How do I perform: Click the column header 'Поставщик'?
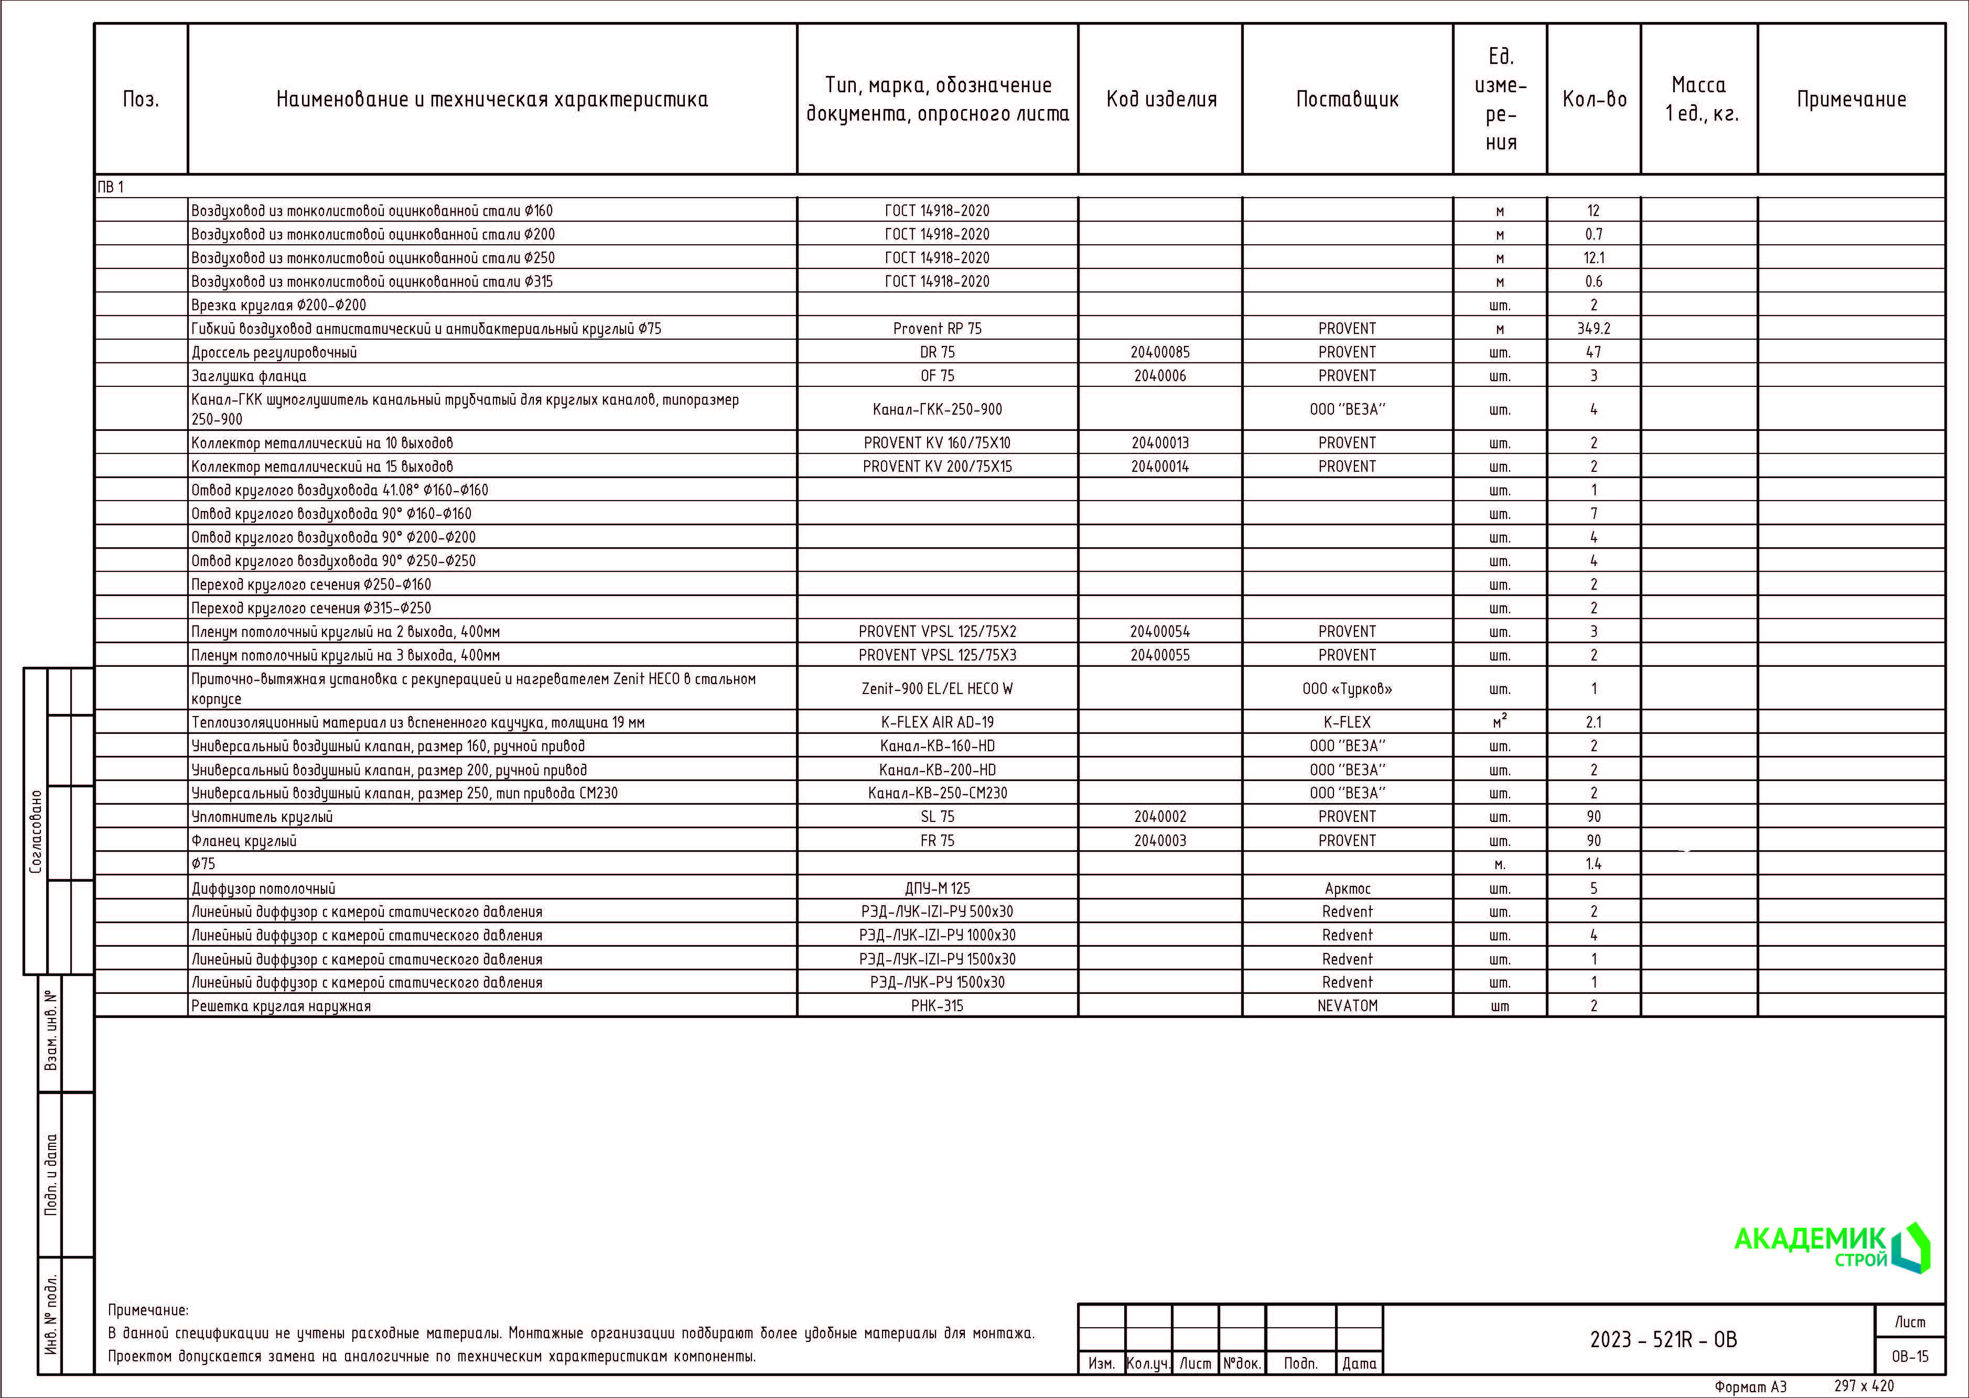(x=1348, y=100)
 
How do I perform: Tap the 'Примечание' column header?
(x=1851, y=100)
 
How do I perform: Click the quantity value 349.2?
(x=1594, y=329)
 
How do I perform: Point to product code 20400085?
(x=1160, y=352)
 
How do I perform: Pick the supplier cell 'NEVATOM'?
(x=1348, y=1005)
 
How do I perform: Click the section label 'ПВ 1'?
(x=110, y=187)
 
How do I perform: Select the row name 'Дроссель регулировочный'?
(x=274, y=352)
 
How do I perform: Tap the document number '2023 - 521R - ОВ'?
(x=1663, y=1339)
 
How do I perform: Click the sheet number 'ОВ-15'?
(x=1910, y=1357)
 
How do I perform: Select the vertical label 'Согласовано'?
(x=35, y=831)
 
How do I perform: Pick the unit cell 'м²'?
(x=1500, y=721)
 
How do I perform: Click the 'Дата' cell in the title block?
(x=1359, y=1363)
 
